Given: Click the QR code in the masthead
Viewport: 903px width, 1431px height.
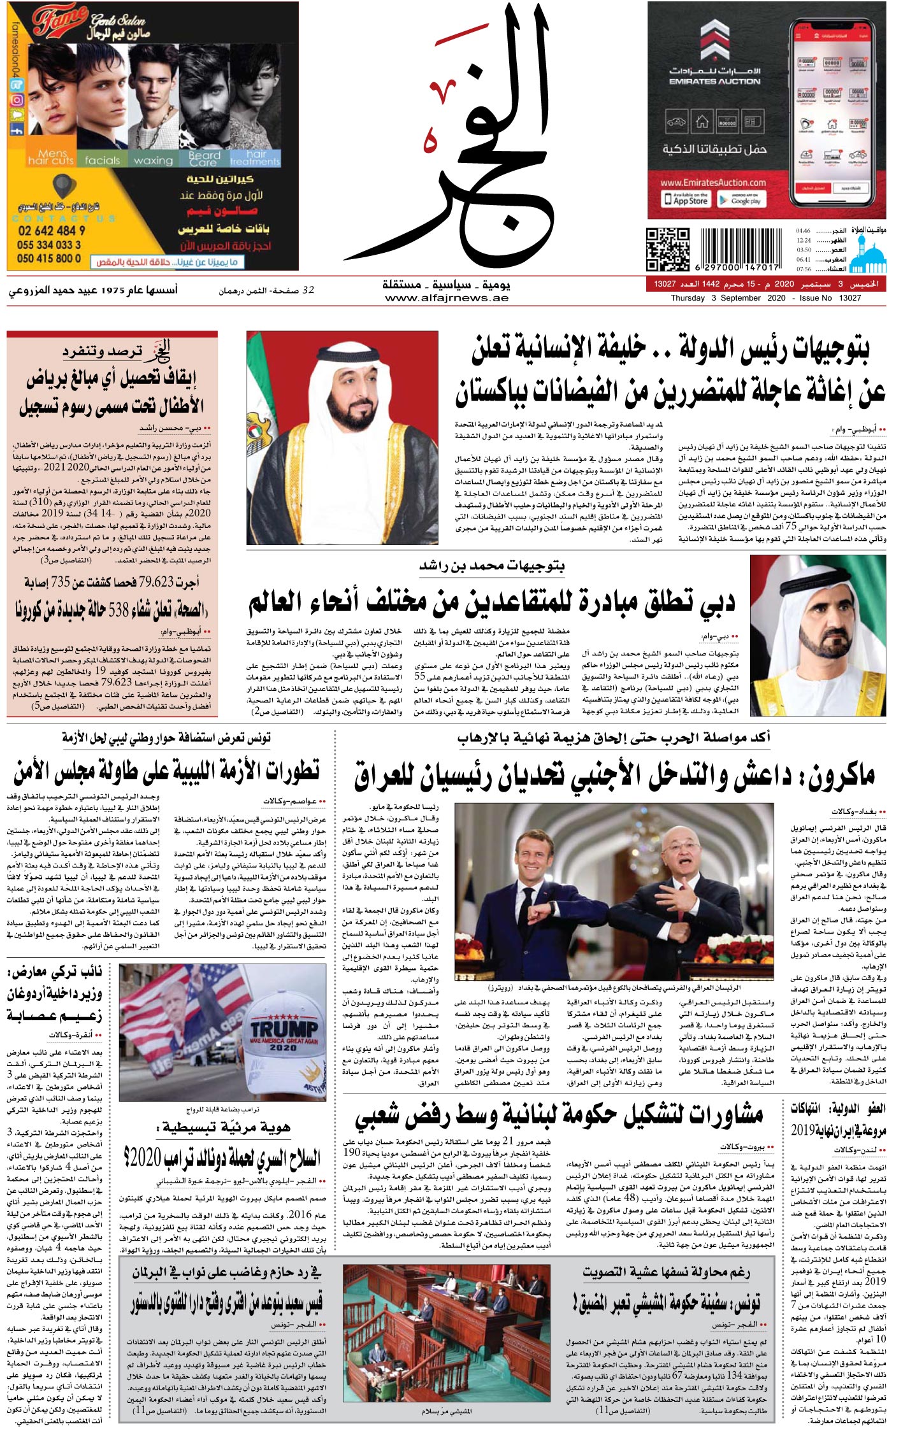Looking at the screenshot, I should [x=668, y=249].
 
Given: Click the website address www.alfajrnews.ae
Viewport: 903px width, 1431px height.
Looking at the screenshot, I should [x=446, y=298].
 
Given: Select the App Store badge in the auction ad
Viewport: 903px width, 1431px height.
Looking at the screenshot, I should [x=690, y=199].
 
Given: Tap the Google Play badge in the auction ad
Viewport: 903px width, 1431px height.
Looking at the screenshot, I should [x=740, y=199].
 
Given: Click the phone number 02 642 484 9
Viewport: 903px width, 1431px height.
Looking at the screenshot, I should [x=51, y=231].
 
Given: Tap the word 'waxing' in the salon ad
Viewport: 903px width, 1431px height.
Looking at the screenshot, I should [x=153, y=160].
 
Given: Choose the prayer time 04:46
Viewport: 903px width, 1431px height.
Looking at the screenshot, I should [x=804, y=231].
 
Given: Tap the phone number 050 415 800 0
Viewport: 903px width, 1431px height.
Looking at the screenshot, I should [x=49, y=258].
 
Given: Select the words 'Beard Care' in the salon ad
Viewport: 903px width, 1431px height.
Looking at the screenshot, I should [x=205, y=159].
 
